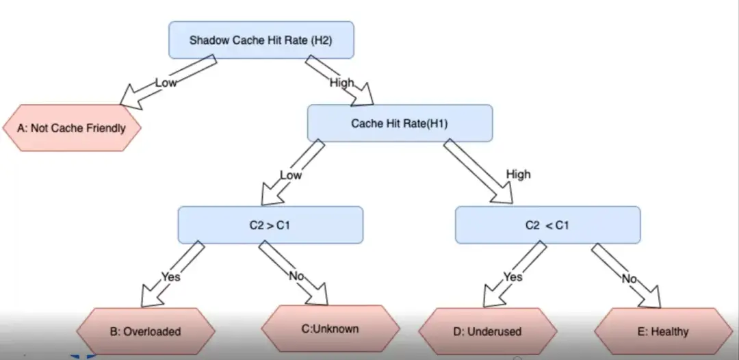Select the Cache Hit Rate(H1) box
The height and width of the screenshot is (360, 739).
coord(400,123)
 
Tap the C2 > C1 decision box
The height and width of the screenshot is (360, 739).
coord(270,224)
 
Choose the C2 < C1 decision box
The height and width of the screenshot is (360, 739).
coord(547,224)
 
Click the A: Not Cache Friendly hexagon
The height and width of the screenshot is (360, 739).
coord(72,127)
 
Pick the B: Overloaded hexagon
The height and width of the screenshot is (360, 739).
coord(145,331)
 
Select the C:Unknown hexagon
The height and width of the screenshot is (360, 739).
coord(330,329)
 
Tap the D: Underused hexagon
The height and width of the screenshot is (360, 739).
coord(487,331)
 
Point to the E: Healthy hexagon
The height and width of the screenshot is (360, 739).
coord(663,331)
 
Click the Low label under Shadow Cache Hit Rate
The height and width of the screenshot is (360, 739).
coord(166,83)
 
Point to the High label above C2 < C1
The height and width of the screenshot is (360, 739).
coord(518,174)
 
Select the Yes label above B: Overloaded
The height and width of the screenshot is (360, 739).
coord(170,277)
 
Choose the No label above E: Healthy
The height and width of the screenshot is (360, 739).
coord(628,278)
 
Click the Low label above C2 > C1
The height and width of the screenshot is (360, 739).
coord(291,175)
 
